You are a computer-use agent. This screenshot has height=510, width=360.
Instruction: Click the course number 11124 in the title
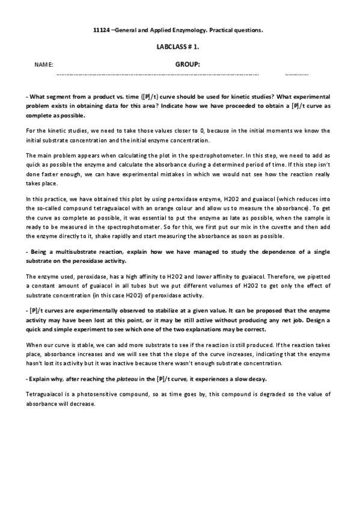[x=102, y=29]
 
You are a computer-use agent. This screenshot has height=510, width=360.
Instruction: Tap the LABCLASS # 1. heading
[x=180, y=46]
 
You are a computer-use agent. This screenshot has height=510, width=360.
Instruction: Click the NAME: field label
[x=44, y=64]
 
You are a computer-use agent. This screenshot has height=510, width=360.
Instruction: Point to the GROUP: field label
[x=188, y=63]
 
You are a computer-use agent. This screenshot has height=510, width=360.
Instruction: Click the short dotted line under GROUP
[x=297, y=74]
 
